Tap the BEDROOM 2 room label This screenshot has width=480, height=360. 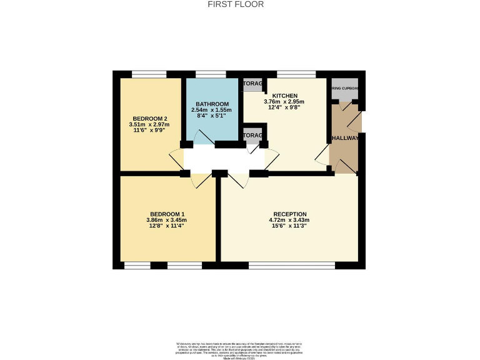point(149,119)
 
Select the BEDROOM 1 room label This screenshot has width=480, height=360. point(166,212)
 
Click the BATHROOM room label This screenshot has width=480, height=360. point(212,104)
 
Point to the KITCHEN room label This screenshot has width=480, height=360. point(276,95)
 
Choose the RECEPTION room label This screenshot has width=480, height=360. point(289,212)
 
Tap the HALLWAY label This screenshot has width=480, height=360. point(344,138)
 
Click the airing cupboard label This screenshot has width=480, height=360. point(344,89)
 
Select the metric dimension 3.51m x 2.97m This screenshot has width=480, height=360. point(149,125)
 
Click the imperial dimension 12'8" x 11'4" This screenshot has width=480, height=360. point(166,226)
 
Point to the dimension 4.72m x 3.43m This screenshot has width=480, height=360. point(289,219)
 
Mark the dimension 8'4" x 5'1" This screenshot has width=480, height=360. point(212,116)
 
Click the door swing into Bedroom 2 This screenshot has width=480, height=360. point(176,159)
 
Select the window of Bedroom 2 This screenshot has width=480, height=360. point(149,74)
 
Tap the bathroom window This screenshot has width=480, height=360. point(211,74)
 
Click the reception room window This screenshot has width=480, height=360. point(291,266)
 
